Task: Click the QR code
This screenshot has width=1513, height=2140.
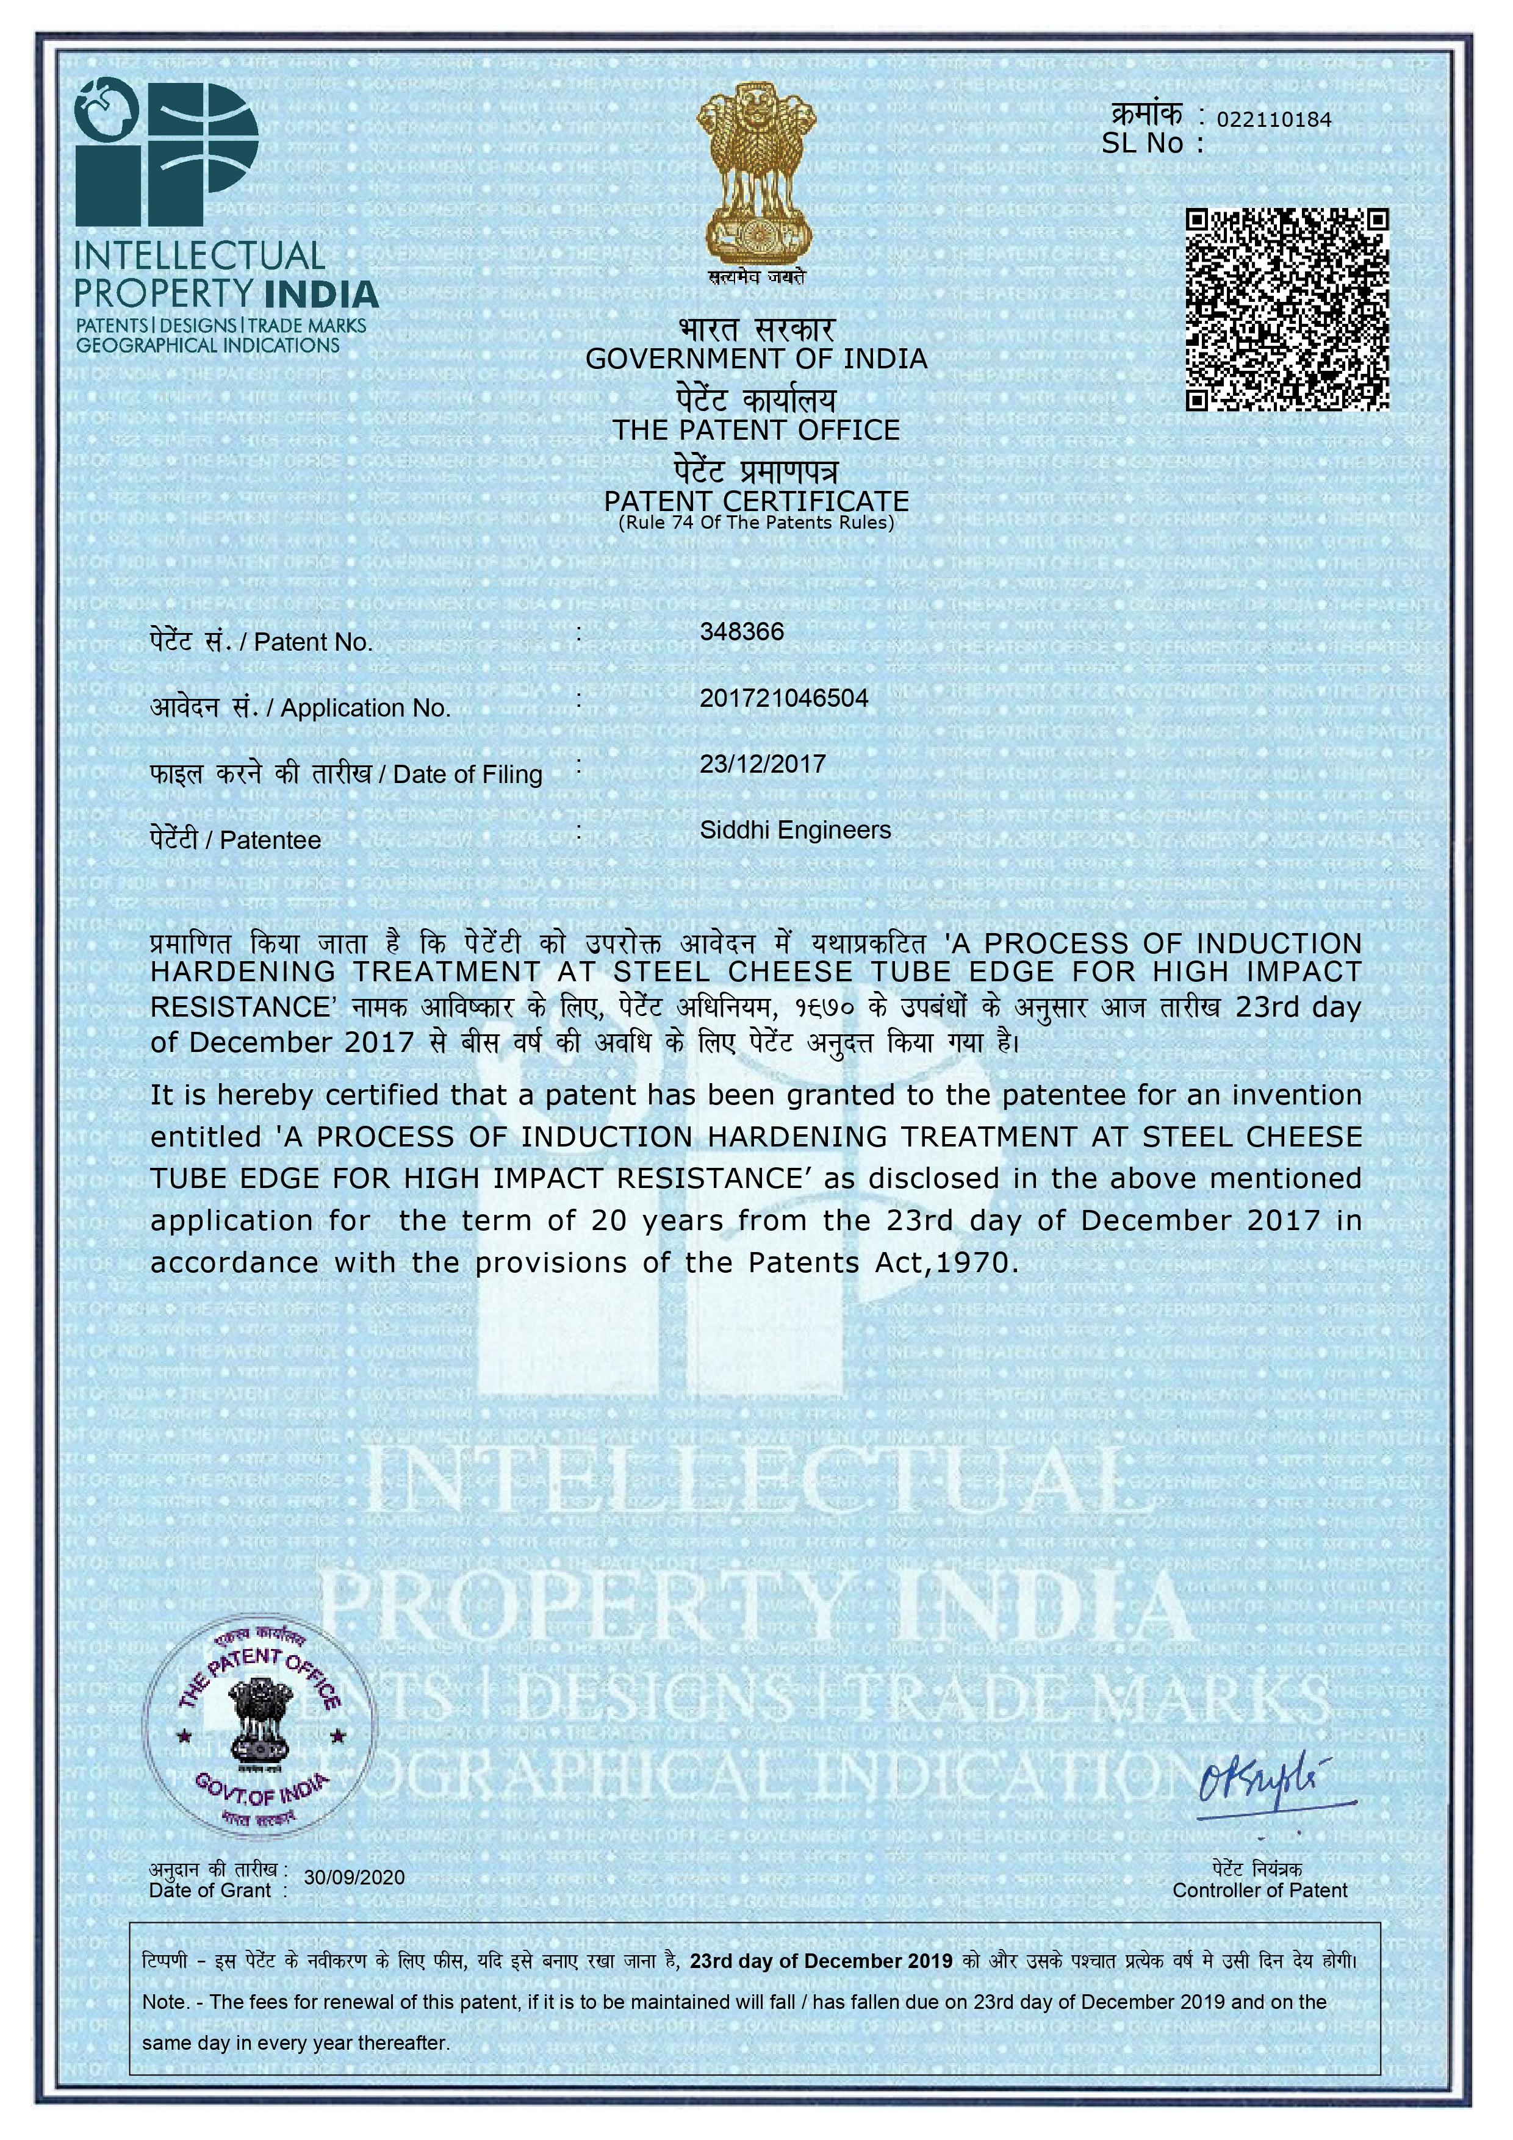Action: (x=1287, y=310)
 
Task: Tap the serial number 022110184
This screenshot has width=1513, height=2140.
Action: (x=1274, y=120)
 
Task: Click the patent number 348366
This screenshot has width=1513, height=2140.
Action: (x=742, y=632)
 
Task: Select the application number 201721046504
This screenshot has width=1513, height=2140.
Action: (x=784, y=698)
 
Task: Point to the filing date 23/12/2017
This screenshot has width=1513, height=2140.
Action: (x=763, y=764)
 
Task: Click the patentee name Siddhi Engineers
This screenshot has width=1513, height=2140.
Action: (x=795, y=831)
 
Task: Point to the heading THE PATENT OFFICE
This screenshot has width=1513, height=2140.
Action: (x=756, y=430)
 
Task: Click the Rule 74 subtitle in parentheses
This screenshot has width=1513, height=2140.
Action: (x=756, y=523)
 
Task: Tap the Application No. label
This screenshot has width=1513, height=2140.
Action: (x=364, y=709)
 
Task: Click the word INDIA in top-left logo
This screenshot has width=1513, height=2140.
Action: (x=322, y=295)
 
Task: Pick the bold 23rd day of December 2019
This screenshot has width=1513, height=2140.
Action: (x=821, y=1961)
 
